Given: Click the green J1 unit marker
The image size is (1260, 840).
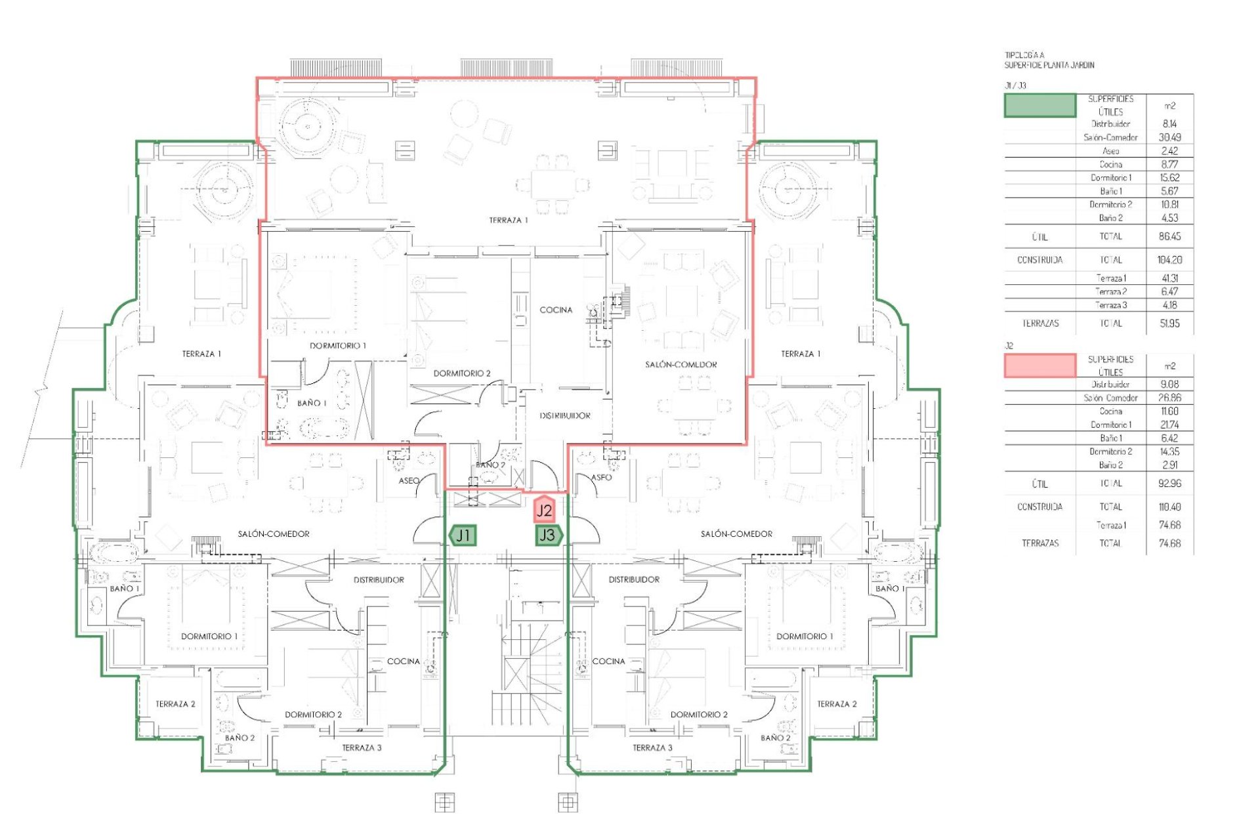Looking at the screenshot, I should [463, 535].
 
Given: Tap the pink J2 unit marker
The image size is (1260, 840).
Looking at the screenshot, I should [544, 510].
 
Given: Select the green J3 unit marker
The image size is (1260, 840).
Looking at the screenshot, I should [548, 535].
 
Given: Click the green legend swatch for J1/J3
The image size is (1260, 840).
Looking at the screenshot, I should [1040, 106].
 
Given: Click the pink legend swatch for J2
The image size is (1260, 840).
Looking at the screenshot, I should [1040, 366].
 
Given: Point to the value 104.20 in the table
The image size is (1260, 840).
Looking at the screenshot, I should [1169, 260].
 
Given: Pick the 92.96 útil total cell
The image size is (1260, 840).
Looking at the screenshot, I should [1169, 484].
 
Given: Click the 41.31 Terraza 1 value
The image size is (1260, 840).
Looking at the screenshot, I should [1169, 278].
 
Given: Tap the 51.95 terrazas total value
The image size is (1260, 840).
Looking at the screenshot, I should [1169, 324].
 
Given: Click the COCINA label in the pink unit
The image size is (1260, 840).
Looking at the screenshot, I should [556, 310].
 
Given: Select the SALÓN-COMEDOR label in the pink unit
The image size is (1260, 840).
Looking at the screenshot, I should [681, 364].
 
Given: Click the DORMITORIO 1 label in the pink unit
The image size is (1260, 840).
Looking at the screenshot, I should [338, 346].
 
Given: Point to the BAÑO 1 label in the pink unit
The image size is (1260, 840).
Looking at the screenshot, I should [312, 403].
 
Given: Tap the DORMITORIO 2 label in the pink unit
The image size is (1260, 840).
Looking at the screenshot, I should [462, 373].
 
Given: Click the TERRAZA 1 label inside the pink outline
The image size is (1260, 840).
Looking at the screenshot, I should [508, 220].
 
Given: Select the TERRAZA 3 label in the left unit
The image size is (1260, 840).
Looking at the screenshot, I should [362, 747].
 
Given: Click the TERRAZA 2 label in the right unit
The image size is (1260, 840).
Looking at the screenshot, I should [837, 704].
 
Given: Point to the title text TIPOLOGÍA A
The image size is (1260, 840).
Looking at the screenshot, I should [1024, 56].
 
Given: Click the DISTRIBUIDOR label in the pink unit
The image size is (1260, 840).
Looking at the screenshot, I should [565, 415].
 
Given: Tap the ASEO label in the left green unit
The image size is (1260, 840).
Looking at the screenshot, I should [409, 481].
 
